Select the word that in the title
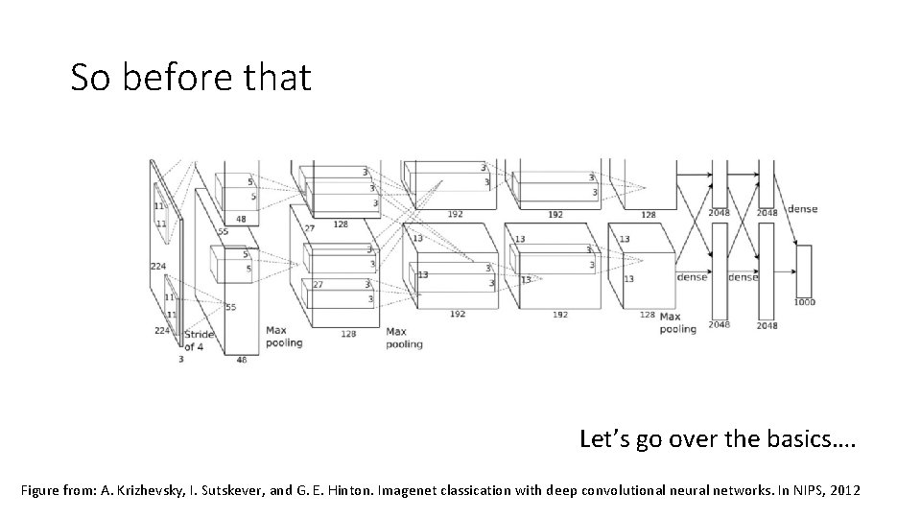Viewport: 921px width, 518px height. coord(278,78)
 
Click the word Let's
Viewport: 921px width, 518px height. coord(606,439)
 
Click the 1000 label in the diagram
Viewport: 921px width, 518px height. coord(804,302)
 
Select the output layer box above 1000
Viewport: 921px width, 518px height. coord(803,271)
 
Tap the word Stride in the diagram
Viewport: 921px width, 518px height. coord(199,335)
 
